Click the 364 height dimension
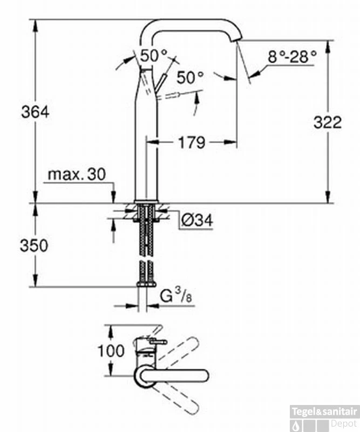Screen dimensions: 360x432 point(35,112)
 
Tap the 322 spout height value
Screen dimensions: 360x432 point(328,123)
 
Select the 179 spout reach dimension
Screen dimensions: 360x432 point(192,143)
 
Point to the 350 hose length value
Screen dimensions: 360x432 point(34,246)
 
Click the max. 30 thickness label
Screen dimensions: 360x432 point(77,174)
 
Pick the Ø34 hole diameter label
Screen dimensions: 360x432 point(197,220)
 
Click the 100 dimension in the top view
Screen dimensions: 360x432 point(111,351)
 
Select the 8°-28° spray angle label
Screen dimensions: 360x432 point(292,57)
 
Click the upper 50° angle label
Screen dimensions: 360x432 point(154,56)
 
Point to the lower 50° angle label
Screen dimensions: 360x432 point(190,77)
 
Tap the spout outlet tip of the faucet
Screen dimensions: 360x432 point(237,39)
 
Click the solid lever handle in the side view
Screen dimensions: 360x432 point(161,83)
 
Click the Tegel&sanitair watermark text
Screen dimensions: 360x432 point(324,412)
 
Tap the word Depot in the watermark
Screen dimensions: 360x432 point(344,423)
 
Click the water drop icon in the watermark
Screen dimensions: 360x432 point(296,426)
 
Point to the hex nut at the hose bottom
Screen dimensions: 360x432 point(146,284)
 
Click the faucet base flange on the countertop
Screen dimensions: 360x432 point(146,201)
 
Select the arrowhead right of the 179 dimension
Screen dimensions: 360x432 point(230,142)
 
